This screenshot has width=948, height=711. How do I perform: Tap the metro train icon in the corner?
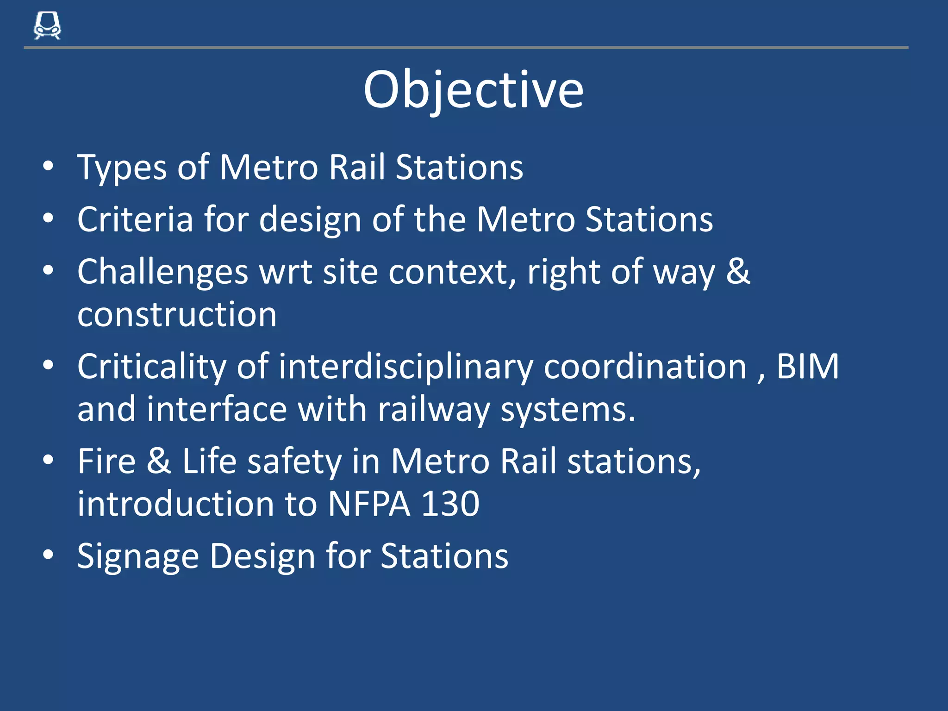click(47, 26)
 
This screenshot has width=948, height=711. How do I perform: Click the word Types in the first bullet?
click(122, 168)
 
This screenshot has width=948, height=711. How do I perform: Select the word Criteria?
click(135, 219)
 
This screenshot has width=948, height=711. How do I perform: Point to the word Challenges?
click(162, 272)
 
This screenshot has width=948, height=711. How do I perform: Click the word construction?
click(177, 315)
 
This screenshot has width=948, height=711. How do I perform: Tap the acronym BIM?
click(807, 366)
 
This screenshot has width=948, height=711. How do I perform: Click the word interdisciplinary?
click(406, 367)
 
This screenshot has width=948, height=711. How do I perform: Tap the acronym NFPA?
click(369, 504)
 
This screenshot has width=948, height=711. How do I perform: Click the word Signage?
click(137, 556)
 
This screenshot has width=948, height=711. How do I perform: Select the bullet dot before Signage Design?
click(48, 555)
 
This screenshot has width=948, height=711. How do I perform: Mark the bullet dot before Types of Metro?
click(48, 166)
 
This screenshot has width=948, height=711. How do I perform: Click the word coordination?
click(645, 366)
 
